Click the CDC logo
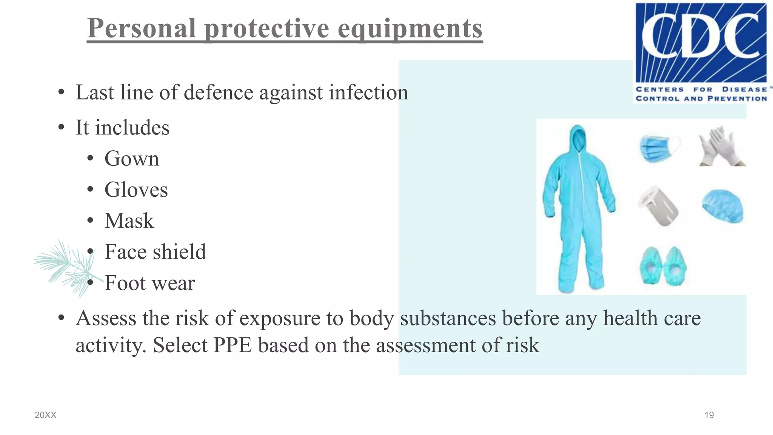pos(701,52)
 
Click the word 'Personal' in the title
pos(142,28)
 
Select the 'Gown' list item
pos(132,159)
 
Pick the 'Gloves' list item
pos(136,190)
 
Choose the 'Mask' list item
pos(129,221)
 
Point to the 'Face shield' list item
pos(155,252)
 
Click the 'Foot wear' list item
pos(149,283)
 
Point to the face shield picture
pos(658,206)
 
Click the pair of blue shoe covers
pos(663,266)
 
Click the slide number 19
pos(709,415)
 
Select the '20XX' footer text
pos(45,415)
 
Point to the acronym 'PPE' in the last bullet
pos(233,345)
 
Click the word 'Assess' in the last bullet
pos(106,318)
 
